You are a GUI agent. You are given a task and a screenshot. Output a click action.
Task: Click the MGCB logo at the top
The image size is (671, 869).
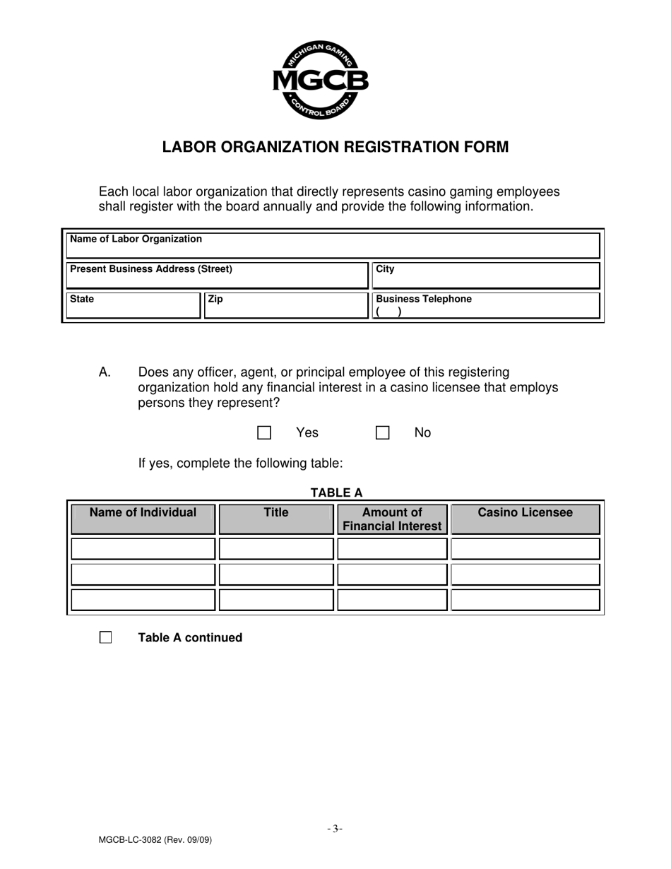coord(320,80)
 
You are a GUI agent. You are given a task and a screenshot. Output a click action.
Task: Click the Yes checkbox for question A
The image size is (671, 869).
coord(264,432)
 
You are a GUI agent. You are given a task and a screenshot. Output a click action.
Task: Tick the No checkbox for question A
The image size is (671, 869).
coord(382,432)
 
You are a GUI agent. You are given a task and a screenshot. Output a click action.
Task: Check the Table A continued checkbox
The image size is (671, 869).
coord(106,637)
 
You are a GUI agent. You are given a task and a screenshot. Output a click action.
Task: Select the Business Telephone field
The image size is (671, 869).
coord(485,306)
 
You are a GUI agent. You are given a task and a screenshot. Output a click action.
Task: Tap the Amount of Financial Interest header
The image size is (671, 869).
coord(392,519)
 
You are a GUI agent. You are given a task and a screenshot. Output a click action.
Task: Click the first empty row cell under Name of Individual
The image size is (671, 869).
coord(143,549)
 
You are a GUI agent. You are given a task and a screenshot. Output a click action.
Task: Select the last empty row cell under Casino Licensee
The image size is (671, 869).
coord(525,600)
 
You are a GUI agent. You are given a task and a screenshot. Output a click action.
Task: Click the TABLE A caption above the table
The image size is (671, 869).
coord(336,493)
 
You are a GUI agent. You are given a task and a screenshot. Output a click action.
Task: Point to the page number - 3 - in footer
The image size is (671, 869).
coord(335,829)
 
